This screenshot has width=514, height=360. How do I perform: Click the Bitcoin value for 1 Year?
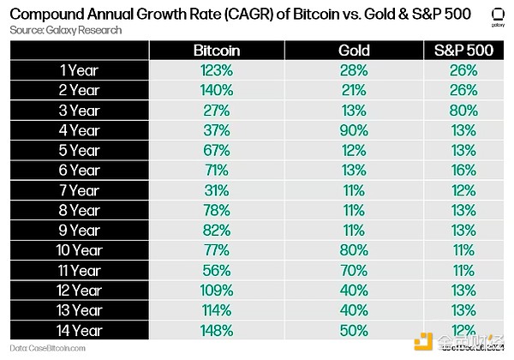217,71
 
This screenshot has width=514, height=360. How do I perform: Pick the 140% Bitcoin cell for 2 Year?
217,91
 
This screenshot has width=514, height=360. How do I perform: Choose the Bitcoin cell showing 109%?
217,290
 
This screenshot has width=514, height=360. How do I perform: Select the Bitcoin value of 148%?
217,330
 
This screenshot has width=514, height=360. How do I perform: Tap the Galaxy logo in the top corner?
494,16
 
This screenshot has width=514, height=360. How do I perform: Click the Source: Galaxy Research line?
67,30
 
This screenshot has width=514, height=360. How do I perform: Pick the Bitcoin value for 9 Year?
217,231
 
